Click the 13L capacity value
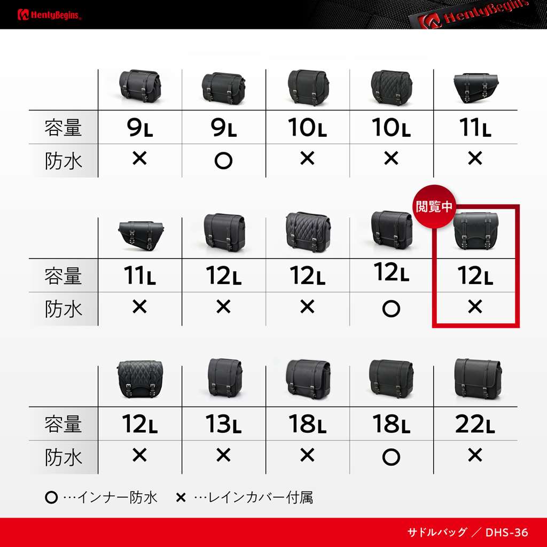(x=223, y=424)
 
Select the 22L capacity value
(x=475, y=424)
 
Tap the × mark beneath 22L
(x=475, y=455)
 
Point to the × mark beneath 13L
(x=223, y=455)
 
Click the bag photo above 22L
(x=478, y=379)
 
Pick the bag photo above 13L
(x=224, y=378)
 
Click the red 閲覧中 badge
(x=434, y=207)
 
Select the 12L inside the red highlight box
(x=475, y=276)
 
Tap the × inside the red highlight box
(x=475, y=307)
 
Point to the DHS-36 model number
(x=506, y=533)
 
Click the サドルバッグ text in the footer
(x=437, y=533)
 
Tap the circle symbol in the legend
(x=51, y=497)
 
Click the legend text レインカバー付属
(x=260, y=497)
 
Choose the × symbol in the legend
(x=181, y=498)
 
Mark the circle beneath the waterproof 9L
(x=223, y=161)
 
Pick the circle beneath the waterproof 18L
(x=391, y=457)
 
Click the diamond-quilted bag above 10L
(x=392, y=87)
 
